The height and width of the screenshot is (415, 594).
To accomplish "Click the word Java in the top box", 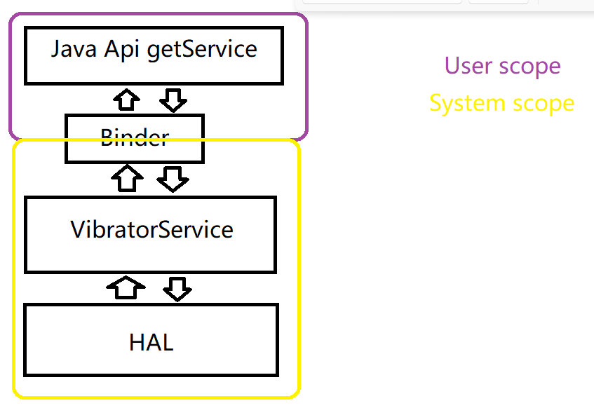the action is (x=74, y=49).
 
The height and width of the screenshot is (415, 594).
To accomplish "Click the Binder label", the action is (x=135, y=137).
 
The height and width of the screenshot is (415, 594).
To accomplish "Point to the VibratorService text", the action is (x=151, y=229).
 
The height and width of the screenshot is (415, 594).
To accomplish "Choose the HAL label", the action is (x=151, y=342).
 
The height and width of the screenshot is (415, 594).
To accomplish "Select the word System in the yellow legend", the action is (x=467, y=104).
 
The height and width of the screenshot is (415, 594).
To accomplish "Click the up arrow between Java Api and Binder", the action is (x=126, y=100).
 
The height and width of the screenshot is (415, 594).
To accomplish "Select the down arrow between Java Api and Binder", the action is (x=173, y=100).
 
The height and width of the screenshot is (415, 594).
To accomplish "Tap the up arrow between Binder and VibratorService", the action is (x=128, y=178).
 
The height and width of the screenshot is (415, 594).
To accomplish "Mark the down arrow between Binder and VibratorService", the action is (x=173, y=179).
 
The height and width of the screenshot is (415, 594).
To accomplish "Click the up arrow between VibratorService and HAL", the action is (x=126, y=287).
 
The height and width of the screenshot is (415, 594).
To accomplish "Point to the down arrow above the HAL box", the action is (x=177, y=290).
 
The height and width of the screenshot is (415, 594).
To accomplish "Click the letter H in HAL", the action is (x=136, y=342).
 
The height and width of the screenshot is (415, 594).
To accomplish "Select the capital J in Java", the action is (x=55, y=50).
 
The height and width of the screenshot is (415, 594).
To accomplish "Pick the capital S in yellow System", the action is (x=436, y=103).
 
